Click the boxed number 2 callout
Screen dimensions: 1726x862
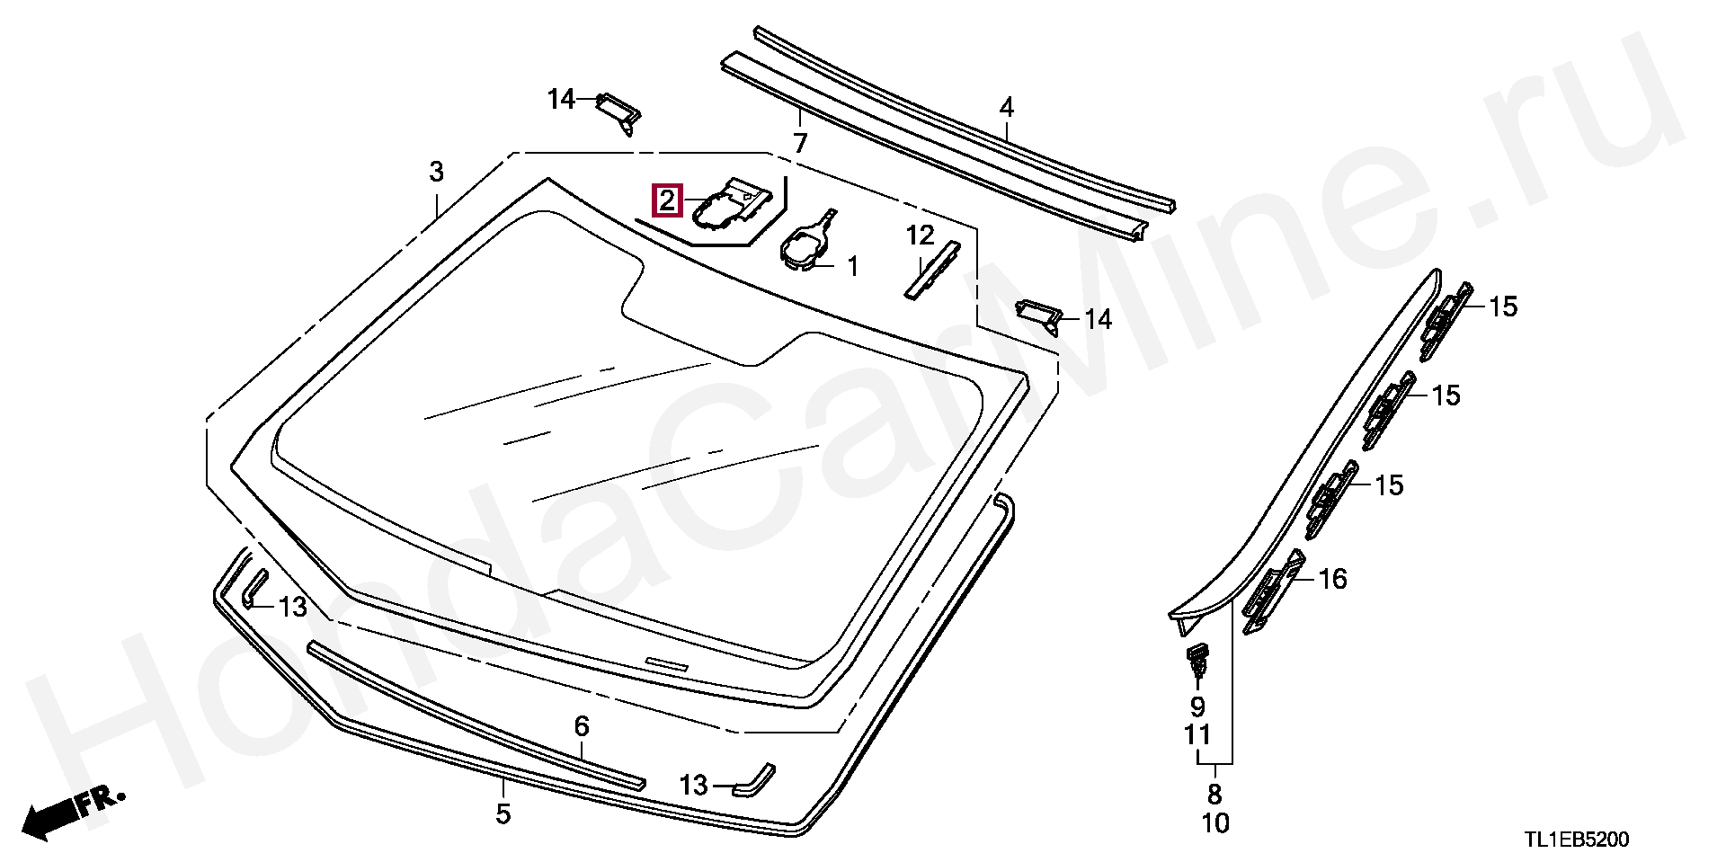click(667, 200)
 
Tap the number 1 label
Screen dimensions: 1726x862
click(850, 266)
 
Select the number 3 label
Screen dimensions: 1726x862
click(436, 172)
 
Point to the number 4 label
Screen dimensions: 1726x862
click(1006, 109)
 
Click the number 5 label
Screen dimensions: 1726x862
click(503, 814)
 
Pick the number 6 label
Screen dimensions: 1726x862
click(582, 725)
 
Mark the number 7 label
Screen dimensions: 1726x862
click(799, 143)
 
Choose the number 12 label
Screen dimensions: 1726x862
click(921, 236)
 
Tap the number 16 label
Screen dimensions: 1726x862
click(1332, 579)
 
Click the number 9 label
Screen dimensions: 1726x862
click(1197, 707)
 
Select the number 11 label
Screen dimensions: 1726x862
click(1197, 735)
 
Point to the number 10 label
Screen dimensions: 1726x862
click(1214, 823)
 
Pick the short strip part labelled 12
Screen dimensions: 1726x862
click(931, 270)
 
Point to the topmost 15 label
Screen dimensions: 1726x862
click(1502, 307)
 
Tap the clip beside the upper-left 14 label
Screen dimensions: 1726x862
click(619, 111)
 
